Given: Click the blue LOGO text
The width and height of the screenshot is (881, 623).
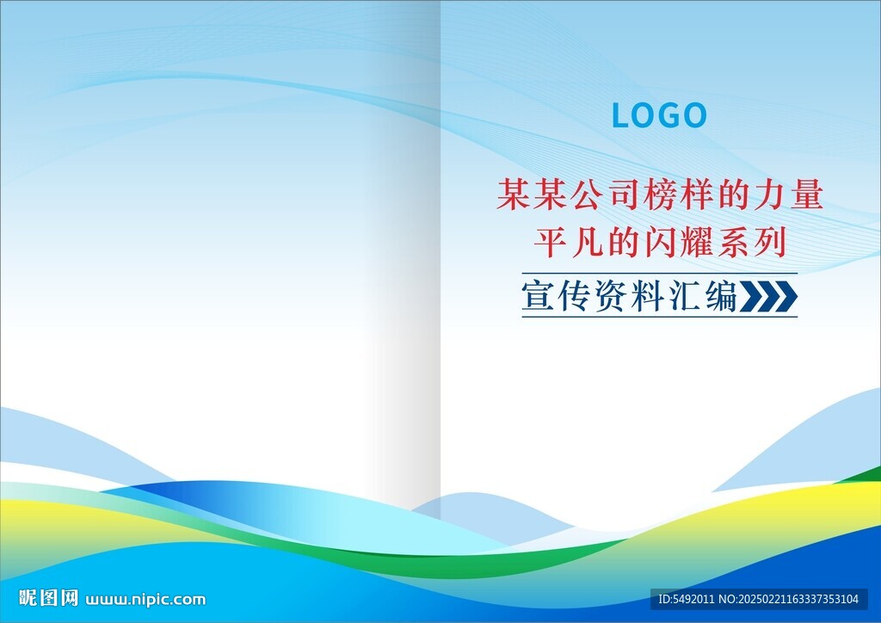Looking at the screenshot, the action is (658, 115).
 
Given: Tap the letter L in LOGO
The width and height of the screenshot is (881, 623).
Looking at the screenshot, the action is (621, 115).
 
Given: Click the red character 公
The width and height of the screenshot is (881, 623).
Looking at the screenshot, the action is (586, 195).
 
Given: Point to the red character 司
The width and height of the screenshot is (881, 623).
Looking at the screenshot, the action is (623, 195).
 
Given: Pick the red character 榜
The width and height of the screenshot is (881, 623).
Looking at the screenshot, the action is (660, 195).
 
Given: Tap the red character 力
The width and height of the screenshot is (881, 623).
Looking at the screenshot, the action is (769, 195).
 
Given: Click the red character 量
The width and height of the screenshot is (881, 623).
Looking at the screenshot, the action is (807, 195).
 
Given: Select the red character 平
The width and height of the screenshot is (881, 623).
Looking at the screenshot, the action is (550, 243).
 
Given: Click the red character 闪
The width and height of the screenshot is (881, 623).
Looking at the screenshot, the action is (660, 243).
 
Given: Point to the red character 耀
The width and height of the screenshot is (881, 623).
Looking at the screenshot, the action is (696, 243).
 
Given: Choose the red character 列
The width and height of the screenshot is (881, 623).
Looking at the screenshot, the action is (770, 243).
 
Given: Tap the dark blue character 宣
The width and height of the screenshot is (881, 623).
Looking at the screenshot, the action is (537, 295).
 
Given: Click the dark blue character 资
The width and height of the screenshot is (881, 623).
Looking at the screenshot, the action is (611, 295).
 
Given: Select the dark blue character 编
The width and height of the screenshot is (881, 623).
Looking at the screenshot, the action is (722, 295).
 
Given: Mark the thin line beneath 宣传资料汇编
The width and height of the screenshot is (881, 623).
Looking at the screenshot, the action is (660, 317).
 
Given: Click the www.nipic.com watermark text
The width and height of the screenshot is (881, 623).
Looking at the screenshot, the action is (145, 600).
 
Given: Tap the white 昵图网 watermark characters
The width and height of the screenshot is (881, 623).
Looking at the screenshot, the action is (48, 598).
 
